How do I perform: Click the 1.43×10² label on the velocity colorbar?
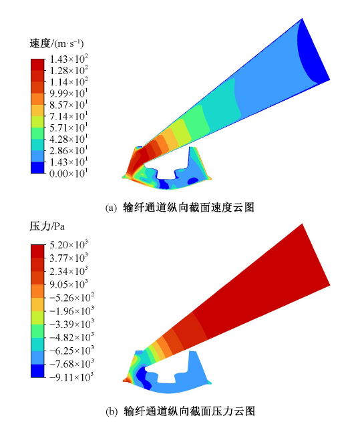[69, 59]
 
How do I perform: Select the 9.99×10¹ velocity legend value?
[68, 93]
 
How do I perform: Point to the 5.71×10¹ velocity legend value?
[68, 128]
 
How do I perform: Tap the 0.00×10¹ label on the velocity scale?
[68, 174]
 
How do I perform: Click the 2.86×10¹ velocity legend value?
[68, 151]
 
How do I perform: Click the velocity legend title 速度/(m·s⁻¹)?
[57, 43]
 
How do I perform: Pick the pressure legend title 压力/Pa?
[47, 226]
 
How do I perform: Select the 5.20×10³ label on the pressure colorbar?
[69, 245]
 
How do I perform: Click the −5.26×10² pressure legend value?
[72, 298]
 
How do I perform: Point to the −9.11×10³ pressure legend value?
[72, 377]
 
